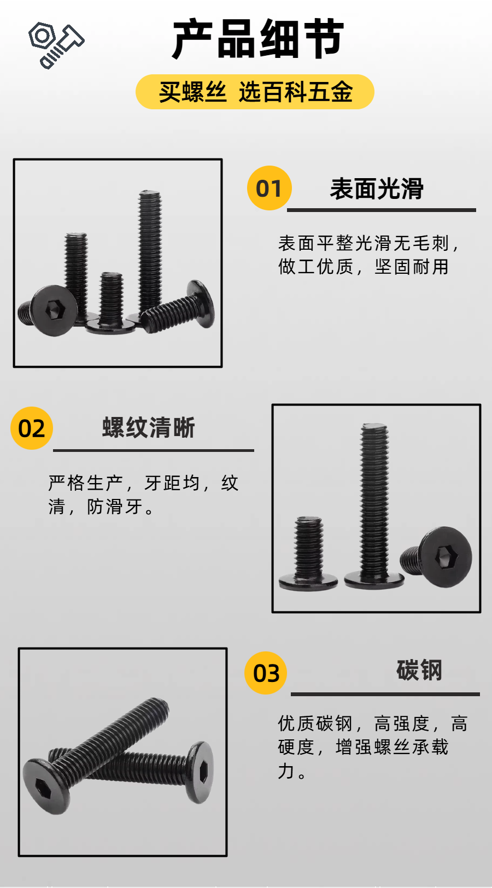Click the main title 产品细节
[258, 39]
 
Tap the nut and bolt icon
[56, 45]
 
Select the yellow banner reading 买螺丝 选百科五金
[255, 92]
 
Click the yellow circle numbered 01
[269, 188]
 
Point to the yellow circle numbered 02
[32, 428]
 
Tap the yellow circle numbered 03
[266, 673]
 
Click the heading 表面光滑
[377, 189]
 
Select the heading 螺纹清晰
[148, 427]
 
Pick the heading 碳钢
[419, 670]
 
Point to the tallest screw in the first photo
[150, 254]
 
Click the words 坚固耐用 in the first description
[412, 267]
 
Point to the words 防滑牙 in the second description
[115, 507]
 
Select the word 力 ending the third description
[286, 771]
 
